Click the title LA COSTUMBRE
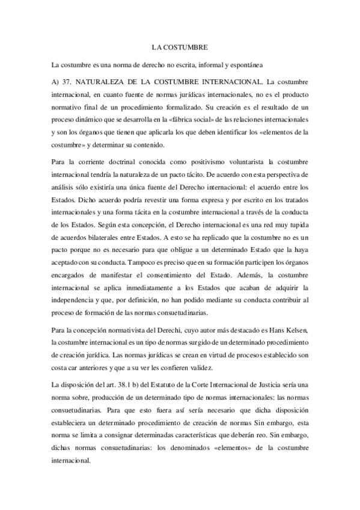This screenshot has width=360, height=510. point(180,46)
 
